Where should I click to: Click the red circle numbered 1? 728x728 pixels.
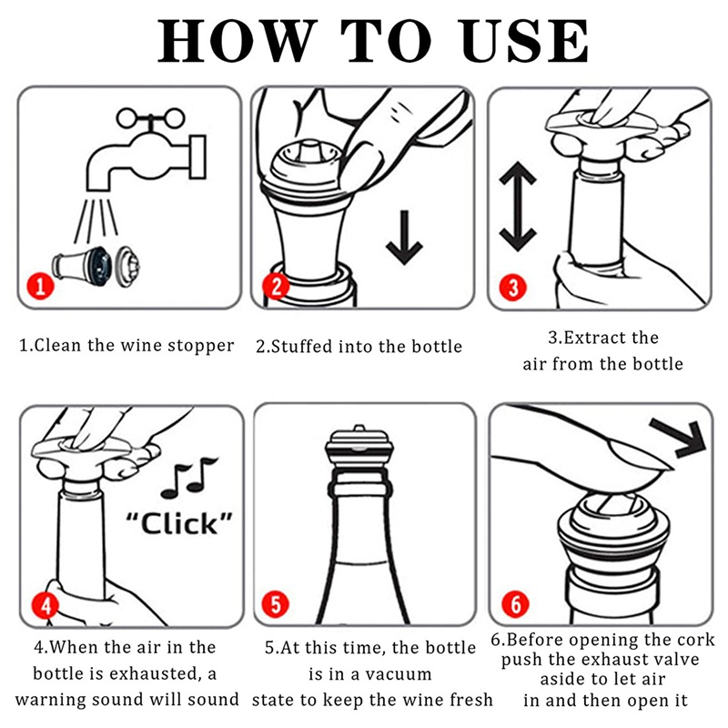click(x=40, y=286)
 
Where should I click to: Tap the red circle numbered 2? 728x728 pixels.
click(x=277, y=286)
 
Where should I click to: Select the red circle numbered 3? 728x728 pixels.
click(x=513, y=287)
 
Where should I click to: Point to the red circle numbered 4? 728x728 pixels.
click(x=45, y=605)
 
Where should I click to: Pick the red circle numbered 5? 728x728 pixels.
click(x=276, y=604)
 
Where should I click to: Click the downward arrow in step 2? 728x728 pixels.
click(x=404, y=238)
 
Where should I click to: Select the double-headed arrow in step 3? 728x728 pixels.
click(x=518, y=207)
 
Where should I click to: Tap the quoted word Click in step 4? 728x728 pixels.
click(x=179, y=523)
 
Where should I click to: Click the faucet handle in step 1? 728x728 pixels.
click(x=151, y=118)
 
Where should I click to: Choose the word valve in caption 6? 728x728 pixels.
click(x=674, y=659)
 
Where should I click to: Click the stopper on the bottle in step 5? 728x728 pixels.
click(x=359, y=459)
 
